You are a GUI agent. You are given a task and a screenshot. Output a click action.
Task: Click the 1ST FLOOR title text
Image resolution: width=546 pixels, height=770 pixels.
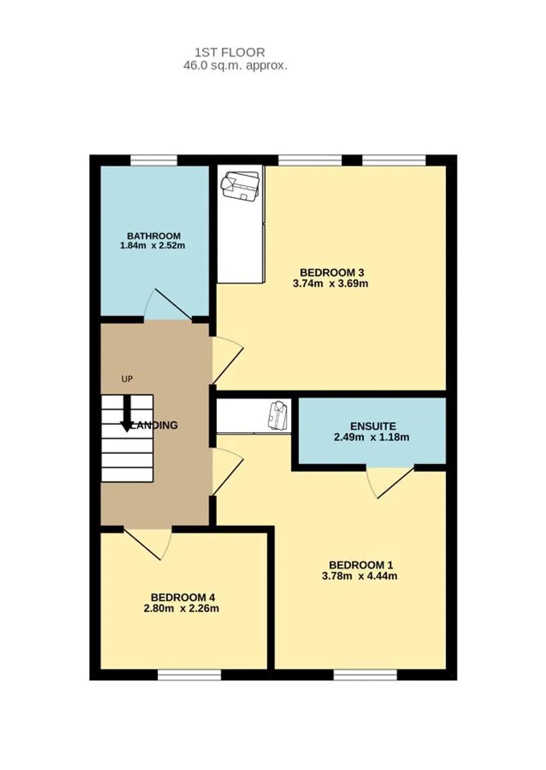pyautogui.click(x=230, y=53)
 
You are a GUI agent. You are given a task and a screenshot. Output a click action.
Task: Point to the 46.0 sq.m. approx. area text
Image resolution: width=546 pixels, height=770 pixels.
pyautogui.click(x=235, y=65)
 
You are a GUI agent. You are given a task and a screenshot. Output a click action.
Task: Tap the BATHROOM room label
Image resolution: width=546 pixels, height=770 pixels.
pyautogui.click(x=153, y=236)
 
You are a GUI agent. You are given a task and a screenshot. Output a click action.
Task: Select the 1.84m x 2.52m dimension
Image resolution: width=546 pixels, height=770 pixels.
pyautogui.click(x=153, y=246)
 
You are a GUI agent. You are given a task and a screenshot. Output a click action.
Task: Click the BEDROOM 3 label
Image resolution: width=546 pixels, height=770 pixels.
pyautogui.click(x=332, y=273)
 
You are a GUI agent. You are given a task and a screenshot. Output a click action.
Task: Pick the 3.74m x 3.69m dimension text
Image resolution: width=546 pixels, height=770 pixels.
pyautogui.click(x=330, y=284)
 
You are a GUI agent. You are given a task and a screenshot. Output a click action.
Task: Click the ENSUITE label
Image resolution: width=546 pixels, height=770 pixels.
pyautogui.click(x=373, y=426)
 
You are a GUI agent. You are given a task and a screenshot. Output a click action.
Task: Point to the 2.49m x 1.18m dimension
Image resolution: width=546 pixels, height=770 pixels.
pyautogui.click(x=371, y=437)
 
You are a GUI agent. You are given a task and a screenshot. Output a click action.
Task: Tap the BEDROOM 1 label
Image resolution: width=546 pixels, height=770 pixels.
pyautogui.click(x=361, y=565)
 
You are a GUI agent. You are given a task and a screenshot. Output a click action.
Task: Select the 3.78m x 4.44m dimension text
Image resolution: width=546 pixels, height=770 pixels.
pyautogui.click(x=360, y=576)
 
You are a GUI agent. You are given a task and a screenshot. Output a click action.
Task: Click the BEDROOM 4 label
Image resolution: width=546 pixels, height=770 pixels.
pyautogui.click(x=183, y=597)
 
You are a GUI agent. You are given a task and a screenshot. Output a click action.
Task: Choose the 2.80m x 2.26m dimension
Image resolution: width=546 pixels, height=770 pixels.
pyautogui.click(x=182, y=608)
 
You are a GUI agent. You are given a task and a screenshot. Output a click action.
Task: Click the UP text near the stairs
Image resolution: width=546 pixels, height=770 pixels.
pyautogui.click(x=127, y=379)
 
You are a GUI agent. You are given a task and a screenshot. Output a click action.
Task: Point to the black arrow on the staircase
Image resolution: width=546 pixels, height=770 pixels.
pyautogui.click(x=127, y=413)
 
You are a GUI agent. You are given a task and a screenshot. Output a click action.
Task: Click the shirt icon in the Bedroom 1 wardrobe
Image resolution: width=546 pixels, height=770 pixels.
pyautogui.click(x=277, y=416)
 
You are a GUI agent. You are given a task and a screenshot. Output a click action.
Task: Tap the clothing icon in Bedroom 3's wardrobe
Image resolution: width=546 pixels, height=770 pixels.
pyautogui.click(x=240, y=185)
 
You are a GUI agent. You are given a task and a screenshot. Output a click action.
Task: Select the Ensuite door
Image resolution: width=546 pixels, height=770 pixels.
pyautogui.click(x=390, y=483)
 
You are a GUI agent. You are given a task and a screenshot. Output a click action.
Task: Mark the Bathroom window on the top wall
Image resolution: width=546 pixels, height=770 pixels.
pyautogui.click(x=154, y=160)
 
